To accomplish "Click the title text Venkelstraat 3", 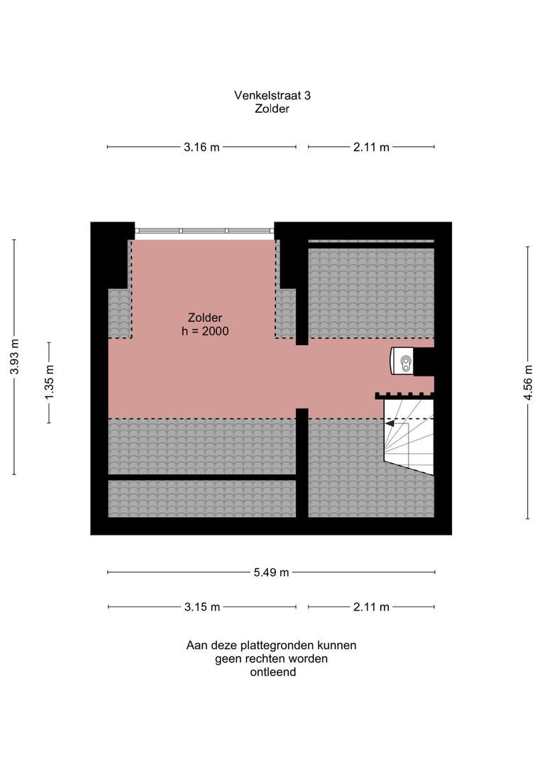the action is pyautogui.click(x=272, y=95).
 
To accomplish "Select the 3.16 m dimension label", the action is pyautogui.click(x=201, y=147).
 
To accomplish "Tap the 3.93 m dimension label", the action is pyautogui.click(x=14, y=357).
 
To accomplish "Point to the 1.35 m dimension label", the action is pyautogui.click(x=50, y=382).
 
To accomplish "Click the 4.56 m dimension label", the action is pyautogui.click(x=528, y=383).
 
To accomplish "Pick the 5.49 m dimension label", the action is pyautogui.click(x=271, y=572).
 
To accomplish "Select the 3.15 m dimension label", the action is pyautogui.click(x=202, y=607).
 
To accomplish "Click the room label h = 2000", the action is pyautogui.click(x=205, y=331).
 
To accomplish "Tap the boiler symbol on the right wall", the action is pyautogui.click(x=402, y=361).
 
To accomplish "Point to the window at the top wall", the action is pyautogui.click(x=204, y=231).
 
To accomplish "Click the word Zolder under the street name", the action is pyautogui.click(x=272, y=109).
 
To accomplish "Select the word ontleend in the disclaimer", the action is pyautogui.click(x=273, y=672).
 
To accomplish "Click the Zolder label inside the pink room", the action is pyautogui.click(x=205, y=317).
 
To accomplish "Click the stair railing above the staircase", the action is pyautogui.click(x=404, y=396).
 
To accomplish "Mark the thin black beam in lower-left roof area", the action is pyautogui.click(x=202, y=477).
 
